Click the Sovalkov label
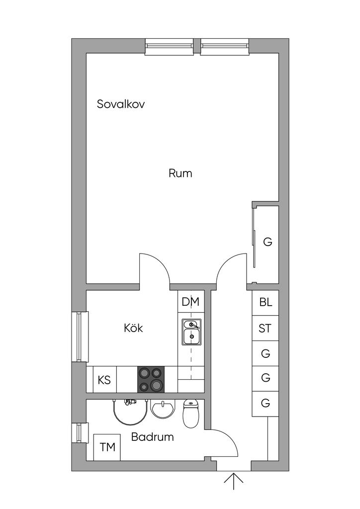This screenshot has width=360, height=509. click(121, 104)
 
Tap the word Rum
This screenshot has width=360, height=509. click(180, 173)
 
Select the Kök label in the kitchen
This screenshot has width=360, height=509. click(133, 329)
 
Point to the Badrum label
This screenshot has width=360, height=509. click(153, 437)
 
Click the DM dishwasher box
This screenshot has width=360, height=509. click(190, 302)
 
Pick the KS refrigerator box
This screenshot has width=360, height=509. click(104, 380)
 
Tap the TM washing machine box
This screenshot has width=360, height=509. click(107, 447)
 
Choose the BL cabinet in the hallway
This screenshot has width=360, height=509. click(266, 302)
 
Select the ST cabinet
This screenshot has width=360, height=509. click(266, 328)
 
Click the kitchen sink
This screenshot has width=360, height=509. click(191, 332)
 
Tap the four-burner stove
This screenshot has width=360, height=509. click(151, 380)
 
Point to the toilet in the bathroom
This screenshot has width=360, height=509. click(190, 414)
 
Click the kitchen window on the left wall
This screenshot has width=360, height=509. click(80, 336)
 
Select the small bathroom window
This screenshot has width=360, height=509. click(80, 432)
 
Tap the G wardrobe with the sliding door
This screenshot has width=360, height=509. click(267, 243)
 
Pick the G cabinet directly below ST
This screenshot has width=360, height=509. click(266, 354)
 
